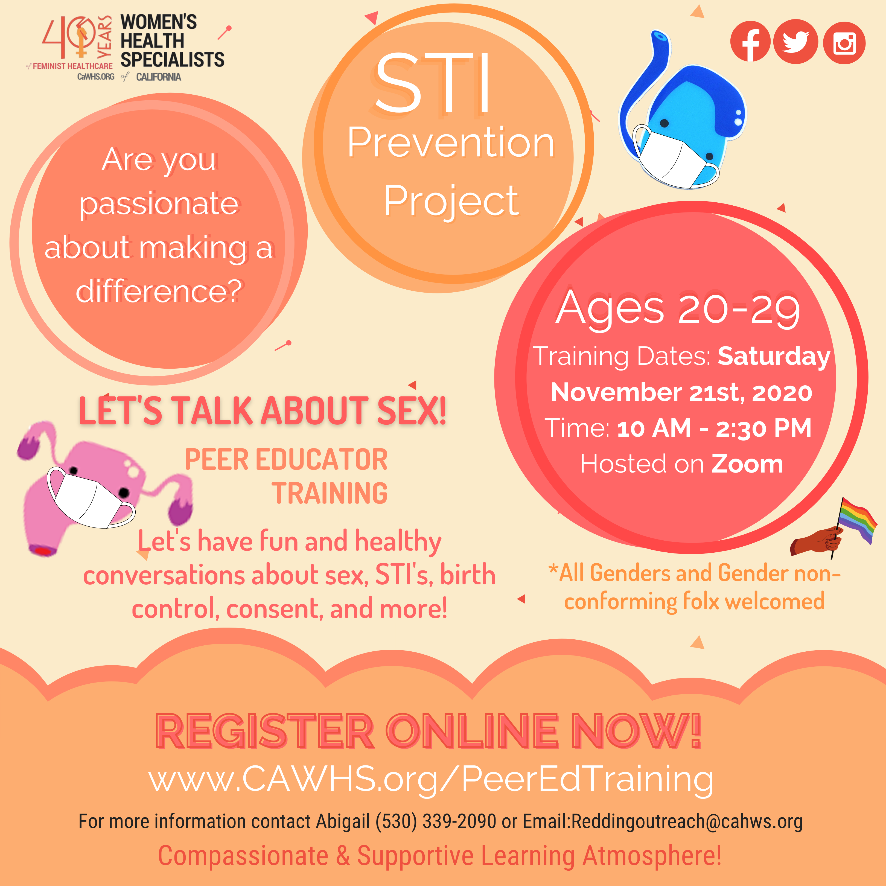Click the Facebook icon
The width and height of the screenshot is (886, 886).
tap(750, 42)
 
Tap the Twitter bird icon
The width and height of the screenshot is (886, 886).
tap(796, 42)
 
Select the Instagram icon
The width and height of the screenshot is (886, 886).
tap(844, 43)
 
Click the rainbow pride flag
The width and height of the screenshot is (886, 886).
tap(857, 521)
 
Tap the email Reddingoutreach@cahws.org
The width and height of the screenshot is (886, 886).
tap(686, 821)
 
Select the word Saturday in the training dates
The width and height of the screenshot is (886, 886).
tap(774, 356)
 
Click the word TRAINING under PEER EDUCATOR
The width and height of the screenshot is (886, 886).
tap(330, 493)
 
